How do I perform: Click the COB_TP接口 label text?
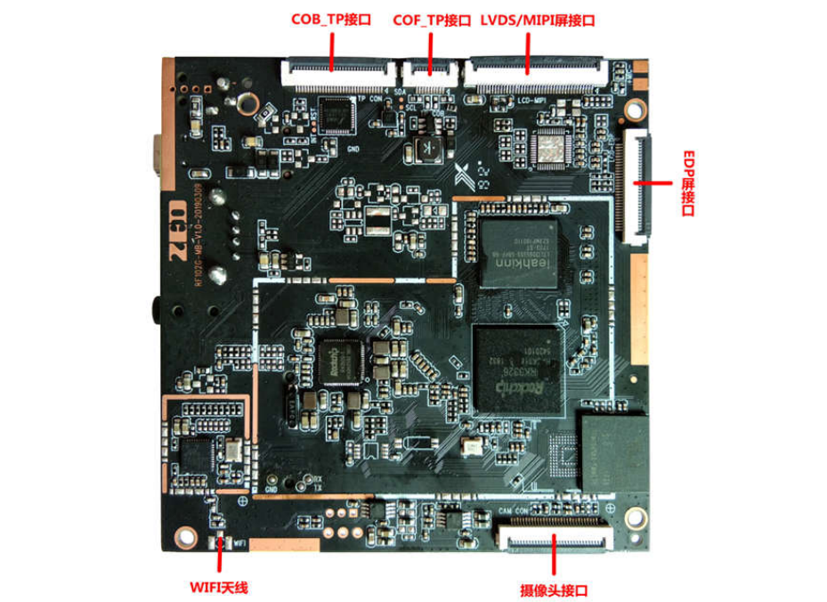point(331,19)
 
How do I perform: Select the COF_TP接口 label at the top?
point(431,19)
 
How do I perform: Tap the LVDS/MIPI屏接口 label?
point(538,19)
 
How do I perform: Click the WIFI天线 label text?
point(218,587)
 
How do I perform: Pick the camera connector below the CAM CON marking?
point(554,538)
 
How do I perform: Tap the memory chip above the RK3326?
point(519,254)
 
